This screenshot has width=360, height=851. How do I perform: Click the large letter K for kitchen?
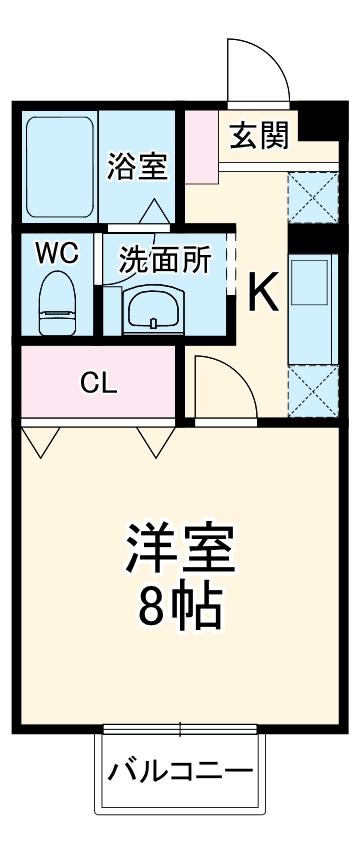[x=262, y=292]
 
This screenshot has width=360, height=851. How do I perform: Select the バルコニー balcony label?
[x=180, y=771]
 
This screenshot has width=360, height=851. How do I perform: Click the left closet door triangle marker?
[x=39, y=440]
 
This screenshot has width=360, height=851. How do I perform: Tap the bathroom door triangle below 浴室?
[x=155, y=211]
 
